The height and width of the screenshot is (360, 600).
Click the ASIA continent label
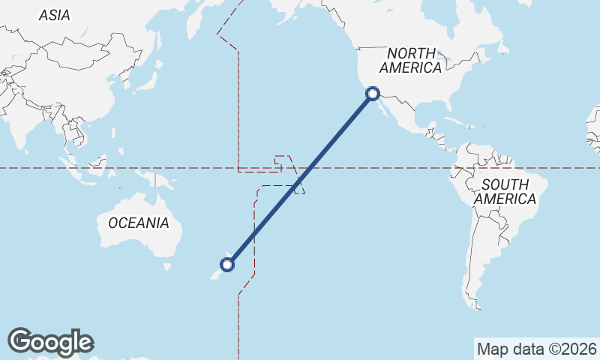[x=54, y=15]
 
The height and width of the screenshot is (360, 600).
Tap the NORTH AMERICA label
[x=410, y=60]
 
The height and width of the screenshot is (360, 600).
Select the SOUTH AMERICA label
[x=505, y=191]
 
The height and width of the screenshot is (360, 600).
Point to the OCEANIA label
[x=139, y=223]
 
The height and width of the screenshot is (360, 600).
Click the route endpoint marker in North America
[x=373, y=94]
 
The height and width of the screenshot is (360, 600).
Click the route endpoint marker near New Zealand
[x=227, y=264]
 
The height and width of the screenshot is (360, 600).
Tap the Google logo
[x=50, y=342]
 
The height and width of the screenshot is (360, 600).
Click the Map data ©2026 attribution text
[x=536, y=349]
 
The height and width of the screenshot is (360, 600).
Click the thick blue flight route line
[x=300, y=178]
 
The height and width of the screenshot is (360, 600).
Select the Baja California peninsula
[x=379, y=109]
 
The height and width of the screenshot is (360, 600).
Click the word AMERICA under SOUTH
[x=505, y=199]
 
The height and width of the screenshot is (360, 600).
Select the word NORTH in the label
[x=411, y=53]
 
